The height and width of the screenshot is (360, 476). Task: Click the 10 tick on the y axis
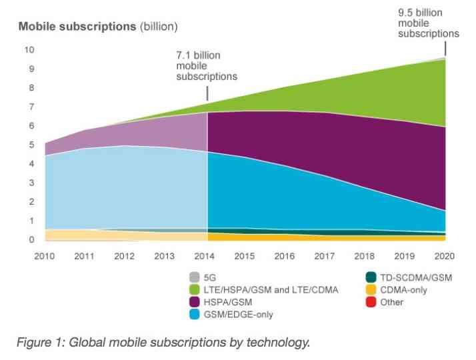(x=29, y=50)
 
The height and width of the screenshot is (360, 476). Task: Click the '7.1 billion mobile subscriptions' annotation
(x=206, y=65)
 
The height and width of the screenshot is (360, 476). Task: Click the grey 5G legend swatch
(x=195, y=277)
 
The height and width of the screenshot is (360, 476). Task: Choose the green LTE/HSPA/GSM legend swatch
(x=195, y=289)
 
